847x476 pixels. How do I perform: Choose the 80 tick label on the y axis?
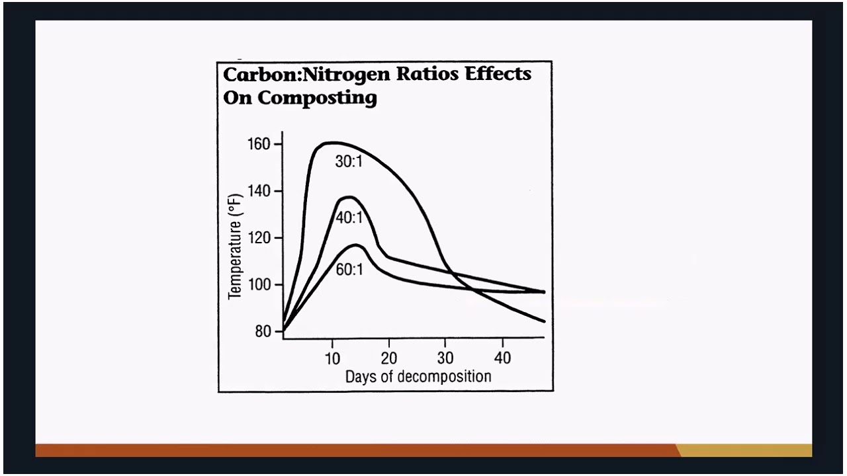coord(263,331)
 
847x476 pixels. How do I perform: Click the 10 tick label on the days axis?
coord(332,358)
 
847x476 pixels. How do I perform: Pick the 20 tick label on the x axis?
coord(388,358)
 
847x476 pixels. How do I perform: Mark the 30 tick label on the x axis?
coord(445,358)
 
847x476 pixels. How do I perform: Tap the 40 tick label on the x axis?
coord(502,358)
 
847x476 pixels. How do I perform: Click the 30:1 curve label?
coord(349,161)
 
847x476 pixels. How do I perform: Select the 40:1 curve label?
coord(349,217)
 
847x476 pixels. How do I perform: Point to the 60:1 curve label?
coord(349,269)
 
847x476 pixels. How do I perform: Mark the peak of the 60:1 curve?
coord(357,245)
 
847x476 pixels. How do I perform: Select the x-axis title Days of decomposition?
coord(418,377)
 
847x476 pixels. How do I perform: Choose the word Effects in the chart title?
coord(498,73)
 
